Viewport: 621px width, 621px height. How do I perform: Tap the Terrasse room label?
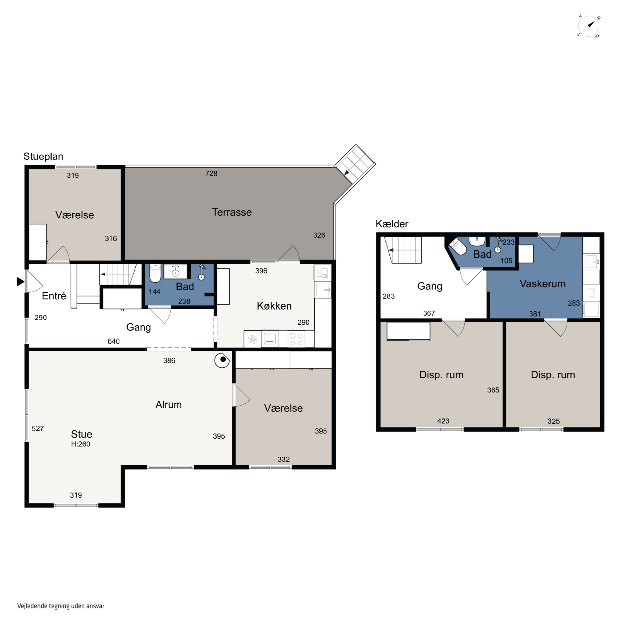pos(232,212)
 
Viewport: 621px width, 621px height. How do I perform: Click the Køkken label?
pos(274,306)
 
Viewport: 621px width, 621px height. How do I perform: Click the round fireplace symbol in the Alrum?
pos(222,360)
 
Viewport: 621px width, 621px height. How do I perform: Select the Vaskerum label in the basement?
pos(543,284)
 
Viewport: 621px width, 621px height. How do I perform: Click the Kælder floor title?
pos(392,224)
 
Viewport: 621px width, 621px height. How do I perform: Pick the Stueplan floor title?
pos(43,156)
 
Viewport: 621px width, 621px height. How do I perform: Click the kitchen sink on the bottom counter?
pos(270,339)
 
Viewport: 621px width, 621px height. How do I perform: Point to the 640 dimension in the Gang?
pos(113,341)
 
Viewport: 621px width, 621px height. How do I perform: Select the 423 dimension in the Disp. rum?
pos(443,421)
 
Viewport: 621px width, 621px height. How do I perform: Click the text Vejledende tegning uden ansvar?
pos(61,606)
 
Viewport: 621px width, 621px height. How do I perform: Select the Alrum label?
pos(168,404)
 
